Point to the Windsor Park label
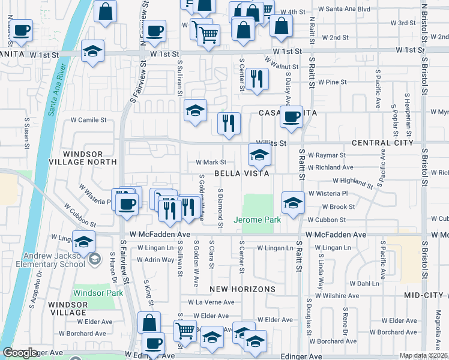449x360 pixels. (x=98, y=293)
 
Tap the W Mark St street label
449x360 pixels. (x=211, y=162)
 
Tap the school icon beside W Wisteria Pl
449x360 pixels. (x=292, y=203)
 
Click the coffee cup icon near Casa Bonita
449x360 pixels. (x=291, y=116)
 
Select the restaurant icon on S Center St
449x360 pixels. (x=257, y=80)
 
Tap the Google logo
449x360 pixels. (x=19, y=353)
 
